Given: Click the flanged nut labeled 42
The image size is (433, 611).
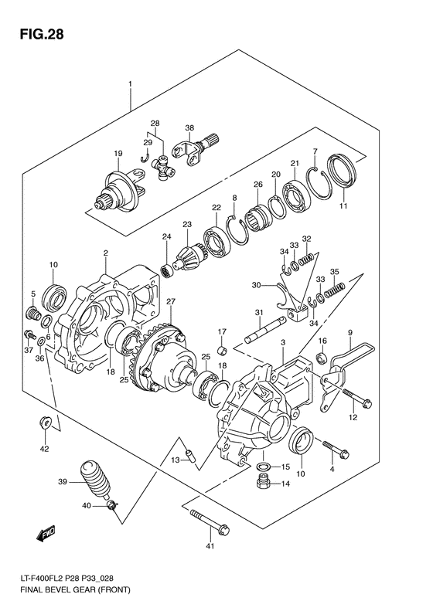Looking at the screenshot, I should tap(44, 424).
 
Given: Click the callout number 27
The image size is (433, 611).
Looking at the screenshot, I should tap(171, 301).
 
